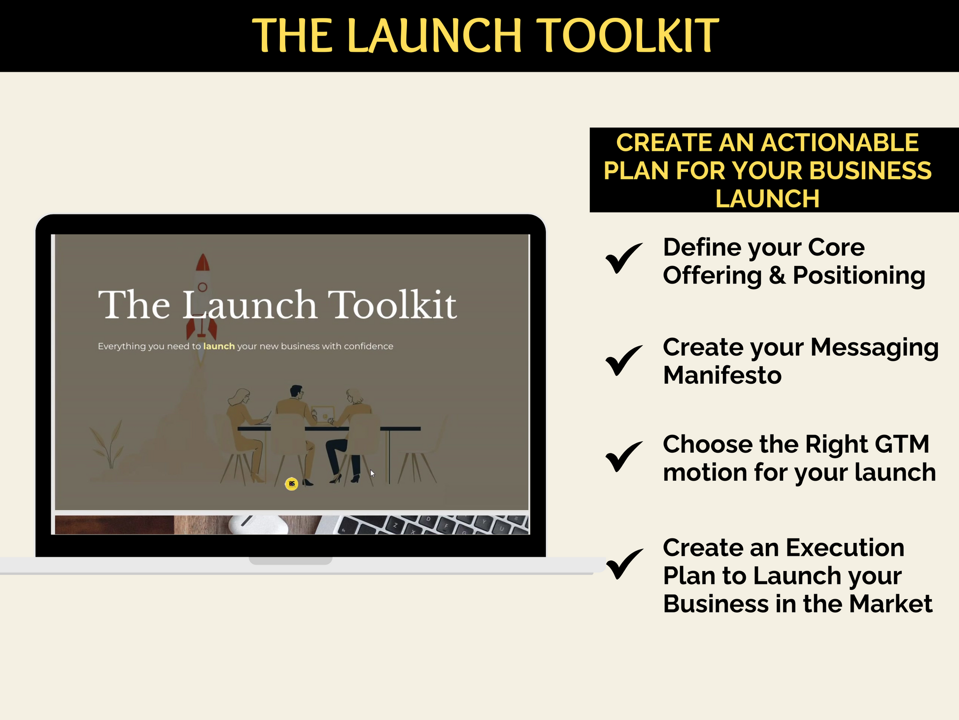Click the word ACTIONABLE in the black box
pyautogui.click(x=840, y=143)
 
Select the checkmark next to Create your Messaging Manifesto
pyautogui.click(x=624, y=360)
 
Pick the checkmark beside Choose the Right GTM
pyautogui.click(x=624, y=456)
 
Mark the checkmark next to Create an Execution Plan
pyautogui.click(x=624, y=564)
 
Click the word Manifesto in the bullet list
pyautogui.click(x=722, y=375)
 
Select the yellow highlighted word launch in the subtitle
pyautogui.click(x=219, y=346)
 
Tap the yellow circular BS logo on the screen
pyautogui.click(x=292, y=484)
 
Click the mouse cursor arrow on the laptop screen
pyautogui.click(x=373, y=473)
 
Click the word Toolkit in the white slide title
pyautogui.click(x=392, y=305)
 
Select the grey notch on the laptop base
pyautogui.click(x=290, y=561)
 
